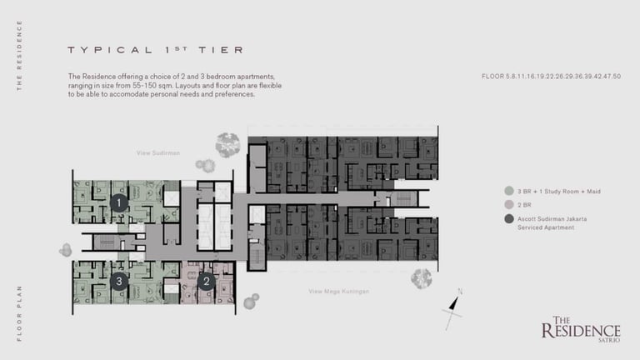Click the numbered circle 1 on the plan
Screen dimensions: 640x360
pos(119,202)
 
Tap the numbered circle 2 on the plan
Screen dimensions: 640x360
pos(207,282)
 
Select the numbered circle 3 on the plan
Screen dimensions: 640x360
pos(119,281)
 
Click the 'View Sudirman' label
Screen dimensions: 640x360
pos(158,153)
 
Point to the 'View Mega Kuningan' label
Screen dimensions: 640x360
pos(338,291)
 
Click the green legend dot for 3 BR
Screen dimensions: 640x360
pos(507,191)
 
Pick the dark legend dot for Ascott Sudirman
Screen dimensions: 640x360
pos(507,218)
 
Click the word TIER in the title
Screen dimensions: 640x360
pos(221,50)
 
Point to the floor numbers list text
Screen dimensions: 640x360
pos(551,76)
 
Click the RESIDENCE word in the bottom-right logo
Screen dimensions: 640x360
pos(581,331)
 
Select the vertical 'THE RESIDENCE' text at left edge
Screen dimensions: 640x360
pos(19,55)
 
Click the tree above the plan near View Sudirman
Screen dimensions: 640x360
pos(227,145)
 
